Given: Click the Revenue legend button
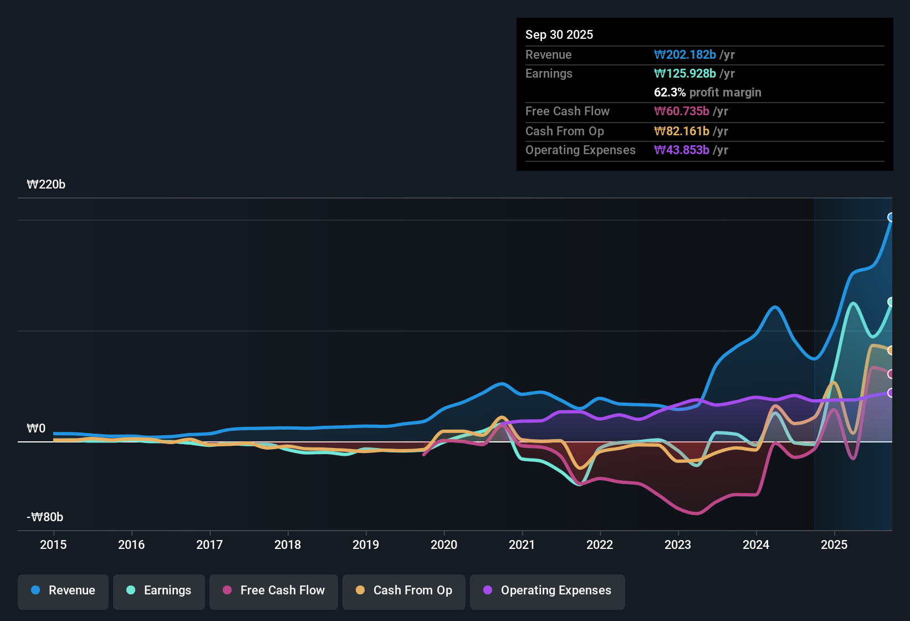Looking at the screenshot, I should (63, 591).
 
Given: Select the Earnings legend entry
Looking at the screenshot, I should (159, 591).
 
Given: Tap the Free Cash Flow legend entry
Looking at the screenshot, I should (274, 591).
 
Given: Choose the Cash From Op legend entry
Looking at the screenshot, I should (404, 591).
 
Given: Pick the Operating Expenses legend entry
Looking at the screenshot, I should (548, 591).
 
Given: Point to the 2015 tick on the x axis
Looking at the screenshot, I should (53, 544).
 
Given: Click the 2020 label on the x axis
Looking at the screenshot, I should (444, 544).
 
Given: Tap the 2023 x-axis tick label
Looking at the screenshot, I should (678, 544).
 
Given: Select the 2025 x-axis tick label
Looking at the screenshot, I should (834, 544).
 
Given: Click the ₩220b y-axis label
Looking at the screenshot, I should (46, 185).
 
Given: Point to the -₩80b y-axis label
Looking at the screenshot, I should (45, 517).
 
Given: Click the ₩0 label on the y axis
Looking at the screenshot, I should (36, 429).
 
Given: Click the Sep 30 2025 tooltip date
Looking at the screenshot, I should (559, 34).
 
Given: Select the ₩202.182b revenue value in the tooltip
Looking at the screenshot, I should (685, 54).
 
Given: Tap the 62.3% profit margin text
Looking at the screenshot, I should (707, 92).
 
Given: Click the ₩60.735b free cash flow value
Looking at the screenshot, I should (682, 111).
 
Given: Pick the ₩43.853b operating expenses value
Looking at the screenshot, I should (682, 150).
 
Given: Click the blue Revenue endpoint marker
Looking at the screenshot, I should (891, 217).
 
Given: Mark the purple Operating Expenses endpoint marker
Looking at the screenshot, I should (891, 393).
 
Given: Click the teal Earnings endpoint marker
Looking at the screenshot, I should (891, 302).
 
